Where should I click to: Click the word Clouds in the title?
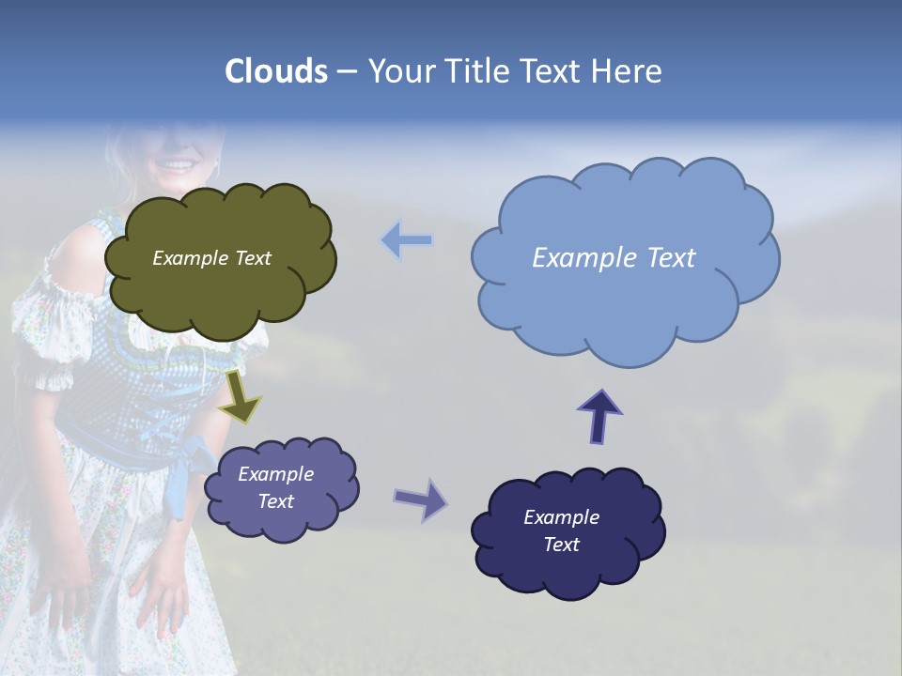click(x=276, y=71)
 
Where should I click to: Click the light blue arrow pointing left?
click(x=407, y=240)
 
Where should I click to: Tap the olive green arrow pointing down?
click(x=241, y=395)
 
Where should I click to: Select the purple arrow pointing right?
click(x=421, y=499)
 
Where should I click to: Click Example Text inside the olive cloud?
click(x=211, y=258)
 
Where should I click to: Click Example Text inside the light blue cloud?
click(x=614, y=258)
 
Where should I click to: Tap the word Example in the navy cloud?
click(x=561, y=517)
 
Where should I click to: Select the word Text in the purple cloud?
click(x=275, y=501)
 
